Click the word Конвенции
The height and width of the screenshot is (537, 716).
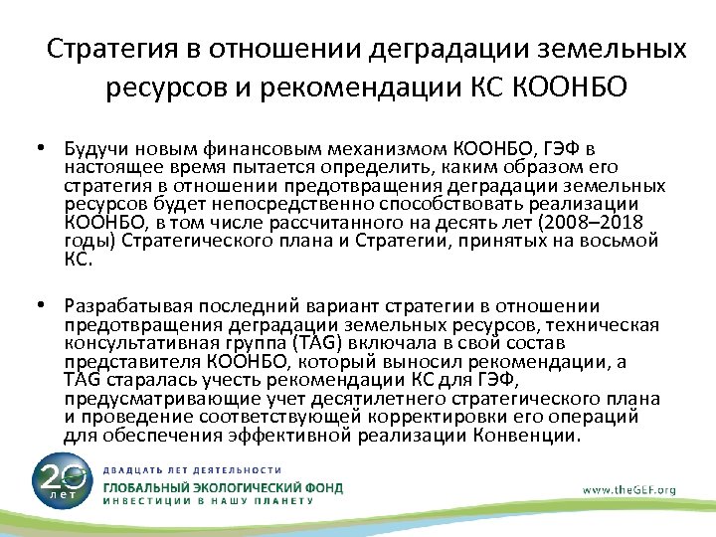point(532,435)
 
